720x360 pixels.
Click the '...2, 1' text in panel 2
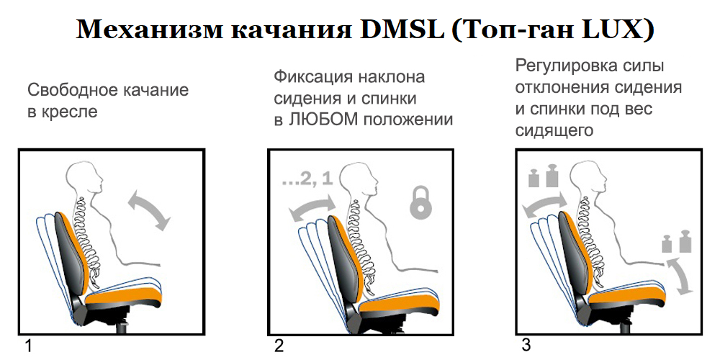coord(307,179)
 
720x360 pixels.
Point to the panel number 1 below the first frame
coord(29,346)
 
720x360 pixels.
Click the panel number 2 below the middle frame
coord(279,346)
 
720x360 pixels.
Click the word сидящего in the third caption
coord(554,130)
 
